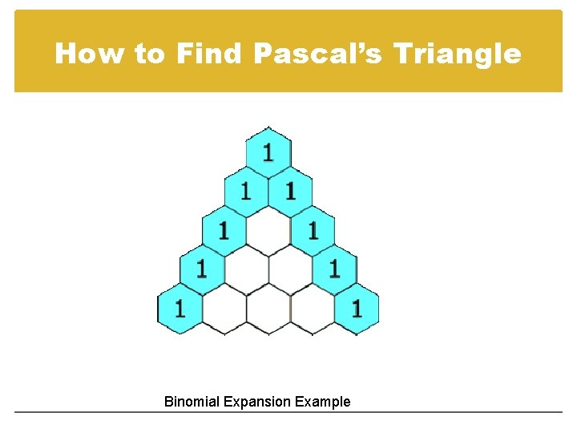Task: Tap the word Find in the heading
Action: point(208,54)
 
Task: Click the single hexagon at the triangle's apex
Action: point(268,152)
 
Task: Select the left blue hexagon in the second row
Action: point(246,191)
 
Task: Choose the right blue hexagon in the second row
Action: point(290,191)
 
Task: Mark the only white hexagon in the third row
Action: point(268,230)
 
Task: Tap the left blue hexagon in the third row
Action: point(224,230)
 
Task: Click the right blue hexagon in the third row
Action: point(313,230)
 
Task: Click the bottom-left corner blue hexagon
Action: point(179,308)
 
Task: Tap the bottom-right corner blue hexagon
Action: point(357,308)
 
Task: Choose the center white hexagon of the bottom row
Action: point(268,308)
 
